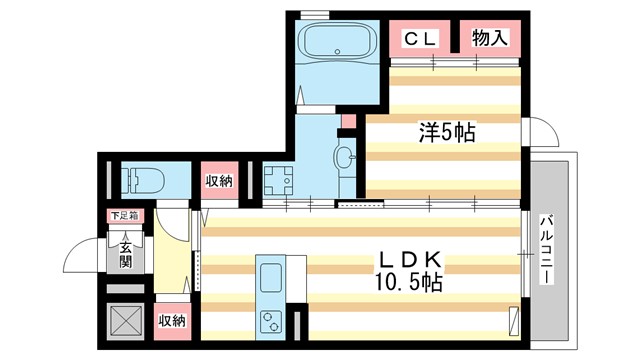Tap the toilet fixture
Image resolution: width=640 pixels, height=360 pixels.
coord(144,180)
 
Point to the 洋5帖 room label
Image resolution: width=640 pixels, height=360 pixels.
coord(445,130)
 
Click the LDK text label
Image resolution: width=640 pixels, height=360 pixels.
coord(404,259)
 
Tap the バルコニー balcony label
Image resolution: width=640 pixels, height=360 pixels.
coord(547,251)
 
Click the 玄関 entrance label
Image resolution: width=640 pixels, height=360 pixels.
coord(127,256)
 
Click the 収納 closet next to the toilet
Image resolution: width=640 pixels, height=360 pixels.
coord(220,180)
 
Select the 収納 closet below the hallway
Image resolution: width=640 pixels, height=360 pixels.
coord(172,320)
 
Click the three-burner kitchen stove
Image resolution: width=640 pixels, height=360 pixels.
coord(271,321)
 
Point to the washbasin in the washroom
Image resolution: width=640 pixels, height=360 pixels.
coord(344,158)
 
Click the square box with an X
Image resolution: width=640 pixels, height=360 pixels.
coord(126,322)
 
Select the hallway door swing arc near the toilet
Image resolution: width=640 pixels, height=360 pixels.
coord(175,221)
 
